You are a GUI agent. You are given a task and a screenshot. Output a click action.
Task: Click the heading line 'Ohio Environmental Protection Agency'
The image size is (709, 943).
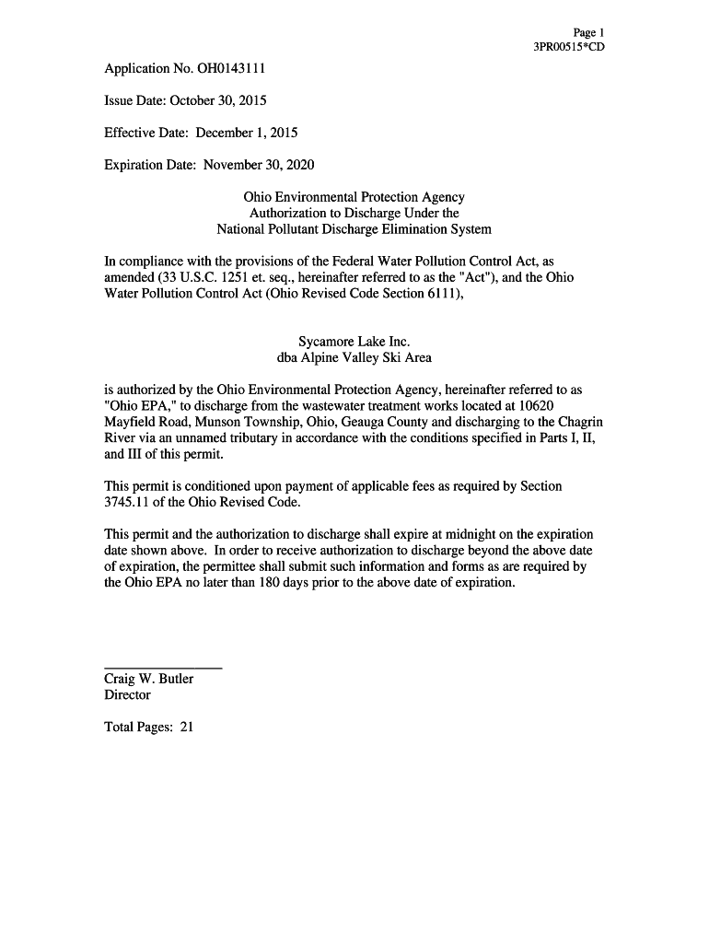coord(354,197)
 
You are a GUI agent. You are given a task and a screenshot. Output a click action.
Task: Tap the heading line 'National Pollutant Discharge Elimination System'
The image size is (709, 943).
coord(354,228)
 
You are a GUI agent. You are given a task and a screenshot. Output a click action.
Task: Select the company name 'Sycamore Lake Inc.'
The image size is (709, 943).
coord(354,342)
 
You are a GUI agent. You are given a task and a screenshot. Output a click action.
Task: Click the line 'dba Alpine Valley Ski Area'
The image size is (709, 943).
coord(354,357)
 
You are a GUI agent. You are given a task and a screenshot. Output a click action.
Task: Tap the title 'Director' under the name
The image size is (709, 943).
coord(127,695)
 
